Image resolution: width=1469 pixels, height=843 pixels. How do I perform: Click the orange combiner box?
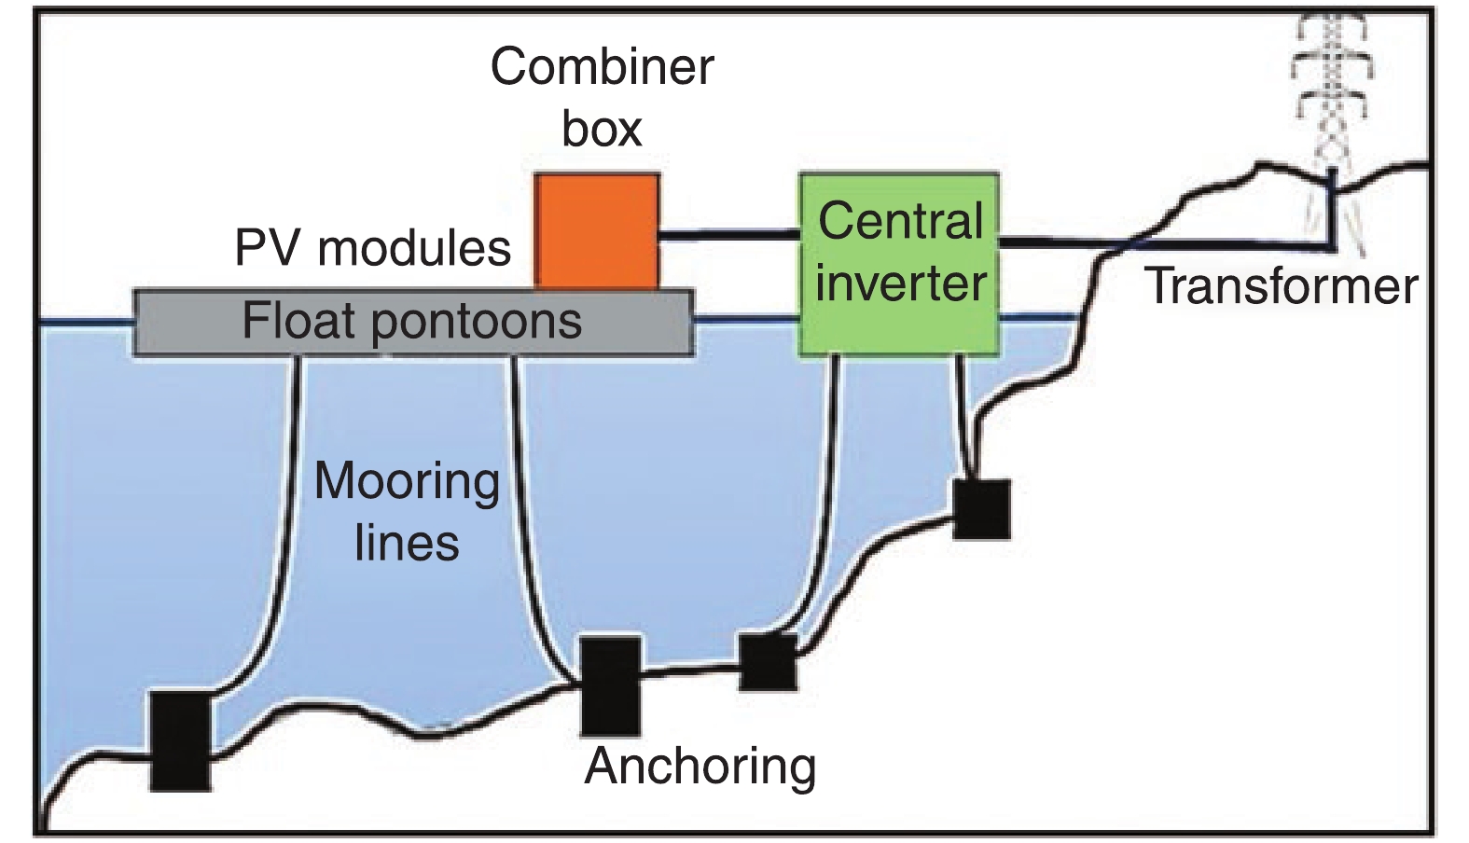pyautogui.click(x=597, y=230)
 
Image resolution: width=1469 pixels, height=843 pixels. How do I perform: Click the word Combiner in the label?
pyautogui.click(x=603, y=67)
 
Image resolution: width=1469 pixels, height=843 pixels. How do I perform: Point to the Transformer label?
pyautogui.click(x=1282, y=285)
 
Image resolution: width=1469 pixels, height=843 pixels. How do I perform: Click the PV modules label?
pyautogui.click(x=372, y=248)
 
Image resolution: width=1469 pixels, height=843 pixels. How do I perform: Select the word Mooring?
pyautogui.click(x=407, y=482)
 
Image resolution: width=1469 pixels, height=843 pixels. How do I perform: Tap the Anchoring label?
pyautogui.click(x=700, y=767)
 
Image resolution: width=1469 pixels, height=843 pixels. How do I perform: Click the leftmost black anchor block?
pyautogui.click(x=181, y=739)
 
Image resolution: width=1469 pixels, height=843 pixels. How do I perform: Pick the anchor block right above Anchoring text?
pyautogui.click(x=611, y=685)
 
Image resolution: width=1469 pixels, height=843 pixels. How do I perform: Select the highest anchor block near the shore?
pyautogui.click(x=981, y=509)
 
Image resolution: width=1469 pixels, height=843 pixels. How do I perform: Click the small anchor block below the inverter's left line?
pyautogui.click(x=768, y=661)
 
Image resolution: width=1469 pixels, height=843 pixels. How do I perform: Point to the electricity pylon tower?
pyautogui.click(x=1333, y=103)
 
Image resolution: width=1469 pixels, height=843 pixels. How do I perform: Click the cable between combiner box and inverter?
pyautogui.click(x=728, y=235)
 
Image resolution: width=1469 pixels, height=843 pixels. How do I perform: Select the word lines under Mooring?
pyautogui.click(x=407, y=544)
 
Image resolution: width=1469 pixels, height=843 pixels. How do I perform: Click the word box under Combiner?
pyautogui.click(x=602, y=129)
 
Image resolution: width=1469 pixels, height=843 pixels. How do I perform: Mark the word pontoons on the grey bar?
pyautogui.click(x=477, y=323)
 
